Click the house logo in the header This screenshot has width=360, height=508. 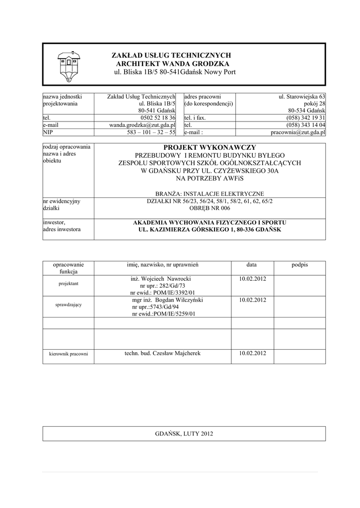pyautogui.click(x=69, y=65)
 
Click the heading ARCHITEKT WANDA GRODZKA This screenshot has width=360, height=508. pyautogui.click(x=173, y=64)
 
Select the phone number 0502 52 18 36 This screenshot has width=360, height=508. pyautogui.click(x=158, y=118)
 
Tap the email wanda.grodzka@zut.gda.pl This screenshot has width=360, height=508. pyautogui.click(x=143, y=126)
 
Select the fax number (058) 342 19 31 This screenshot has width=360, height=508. pyautogui.click(x=306, y=118)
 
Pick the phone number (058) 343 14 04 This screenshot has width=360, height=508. pyautogui.click(x=306, y=126)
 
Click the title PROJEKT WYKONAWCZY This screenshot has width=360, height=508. pyautogui.click(x=209, y=147)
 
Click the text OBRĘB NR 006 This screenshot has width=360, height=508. pyautogui.click(x=209, y=208)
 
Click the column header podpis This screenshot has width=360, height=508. pyautogui.click(x=300, y=265)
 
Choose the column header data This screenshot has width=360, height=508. pyautogui.click(x=252, y=265)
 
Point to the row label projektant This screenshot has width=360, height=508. pyautogui.click(x=69, y=283)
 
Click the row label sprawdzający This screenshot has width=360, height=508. pyautogui.click(x=69, y=304)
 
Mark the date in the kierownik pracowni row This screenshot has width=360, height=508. pyautogui.click(x=252, y=353)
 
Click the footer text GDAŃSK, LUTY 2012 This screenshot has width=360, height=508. pyautogui.click(x=184, y=434)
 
